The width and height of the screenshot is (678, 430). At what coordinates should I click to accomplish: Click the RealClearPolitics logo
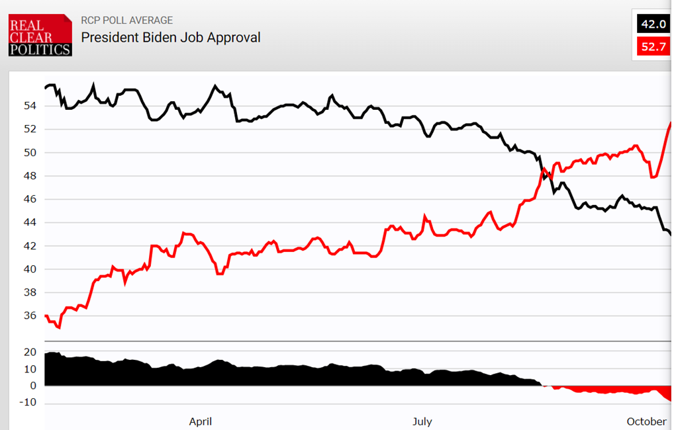tap(40, 35)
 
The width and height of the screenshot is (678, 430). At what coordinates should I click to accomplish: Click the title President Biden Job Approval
tap(171, 37)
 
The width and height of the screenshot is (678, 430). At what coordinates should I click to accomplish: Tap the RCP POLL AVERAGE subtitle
tap(126, 21)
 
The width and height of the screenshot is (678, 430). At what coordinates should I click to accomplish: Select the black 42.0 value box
tap(652, 24)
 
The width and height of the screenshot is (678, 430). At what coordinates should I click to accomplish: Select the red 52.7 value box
tap(652, 47)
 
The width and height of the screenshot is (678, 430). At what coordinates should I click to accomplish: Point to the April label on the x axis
tap(201, 421)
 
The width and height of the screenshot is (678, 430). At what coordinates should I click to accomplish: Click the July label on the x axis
tap(422, 421)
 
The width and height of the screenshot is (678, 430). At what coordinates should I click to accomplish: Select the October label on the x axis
tap(647, 421)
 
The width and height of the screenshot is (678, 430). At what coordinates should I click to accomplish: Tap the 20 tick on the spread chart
tap(30, 353)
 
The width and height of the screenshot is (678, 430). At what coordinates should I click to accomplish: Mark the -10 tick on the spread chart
tap(28, 403)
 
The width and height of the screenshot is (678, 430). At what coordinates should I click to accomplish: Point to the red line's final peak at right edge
tap(670, 123)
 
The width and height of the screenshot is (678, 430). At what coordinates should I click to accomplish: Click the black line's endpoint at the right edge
tap(670, 234)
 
